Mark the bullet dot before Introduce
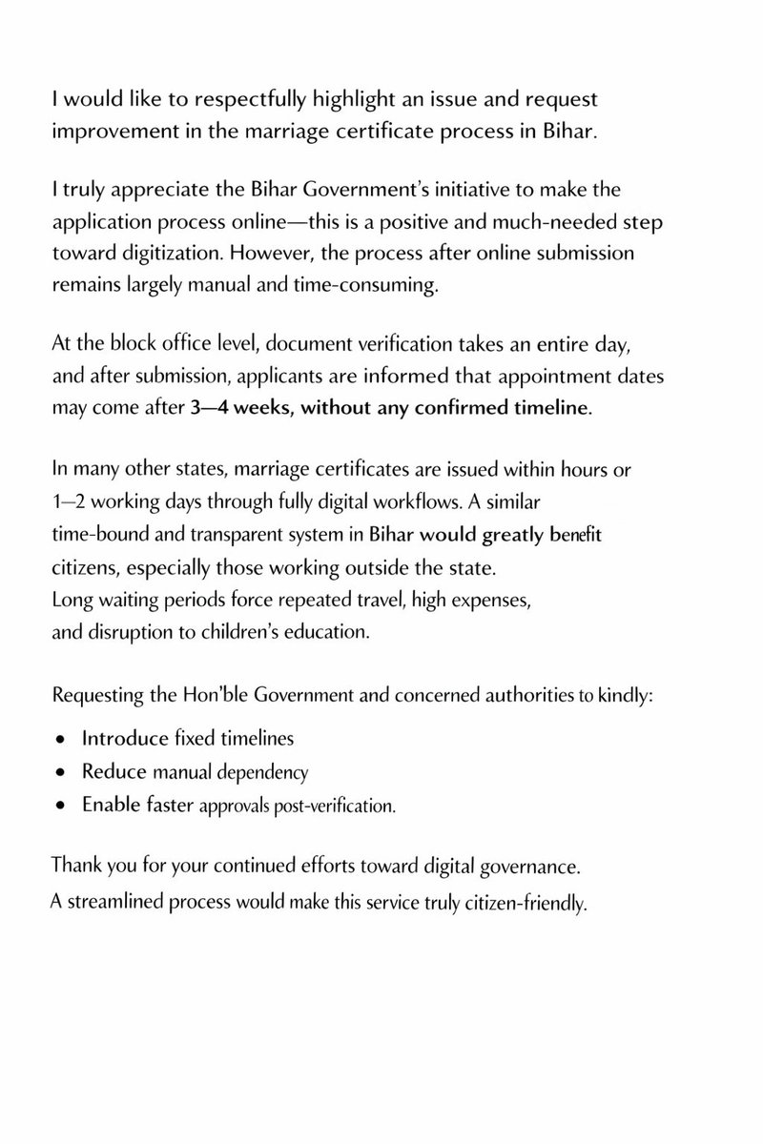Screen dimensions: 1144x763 pyautogui.click(x=61, y=740)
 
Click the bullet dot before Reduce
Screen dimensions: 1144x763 pyautogui.click(x=61, y=772)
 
